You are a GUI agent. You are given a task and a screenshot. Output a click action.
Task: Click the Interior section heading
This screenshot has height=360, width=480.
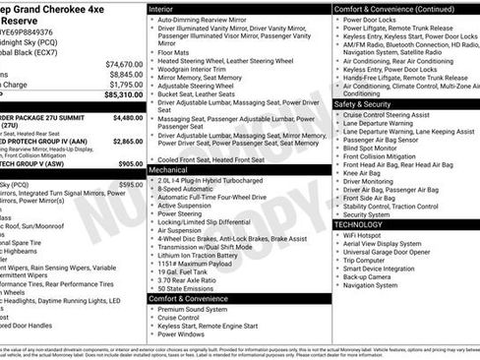tap(167, 8)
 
